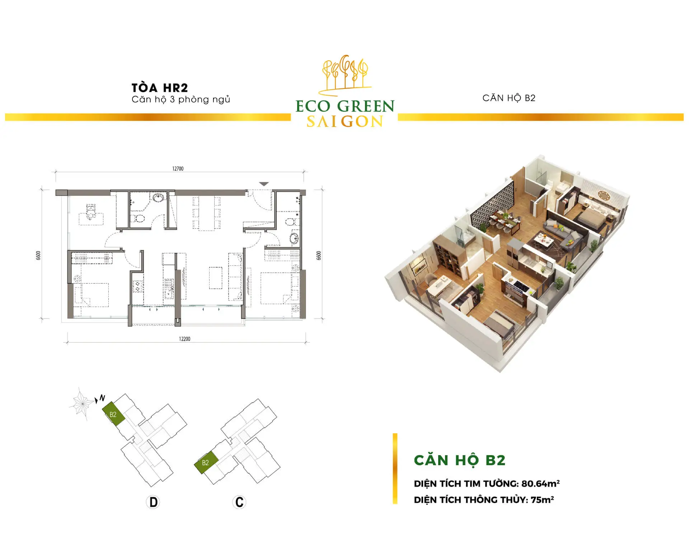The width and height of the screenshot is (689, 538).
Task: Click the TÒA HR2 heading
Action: click(x=160, y=88)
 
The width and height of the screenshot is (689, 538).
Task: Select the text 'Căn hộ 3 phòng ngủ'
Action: click(x=181, y=100)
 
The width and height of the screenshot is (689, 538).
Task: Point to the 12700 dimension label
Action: click(x=178, y=169)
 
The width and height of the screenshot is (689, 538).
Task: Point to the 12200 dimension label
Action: click(x=184, y=339)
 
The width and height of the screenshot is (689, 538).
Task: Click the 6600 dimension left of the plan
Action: click(x=38, y=255)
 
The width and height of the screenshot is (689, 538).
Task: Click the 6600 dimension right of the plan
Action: click(x=319, y=255)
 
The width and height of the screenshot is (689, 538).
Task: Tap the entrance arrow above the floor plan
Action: click(x=264, y=184)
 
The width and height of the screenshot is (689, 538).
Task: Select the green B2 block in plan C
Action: click(x=206, y=463)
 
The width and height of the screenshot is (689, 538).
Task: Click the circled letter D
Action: click(x=153, y=502)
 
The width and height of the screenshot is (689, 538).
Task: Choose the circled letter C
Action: click(x=239, y=502)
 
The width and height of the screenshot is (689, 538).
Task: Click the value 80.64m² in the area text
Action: click(x=540, y=483)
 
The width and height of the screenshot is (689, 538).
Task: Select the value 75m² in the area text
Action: click(x=542, y=500)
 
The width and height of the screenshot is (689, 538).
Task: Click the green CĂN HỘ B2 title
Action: click(x=460, y=460)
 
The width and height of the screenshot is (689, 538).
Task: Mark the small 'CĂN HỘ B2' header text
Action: click(x=509, y=98)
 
